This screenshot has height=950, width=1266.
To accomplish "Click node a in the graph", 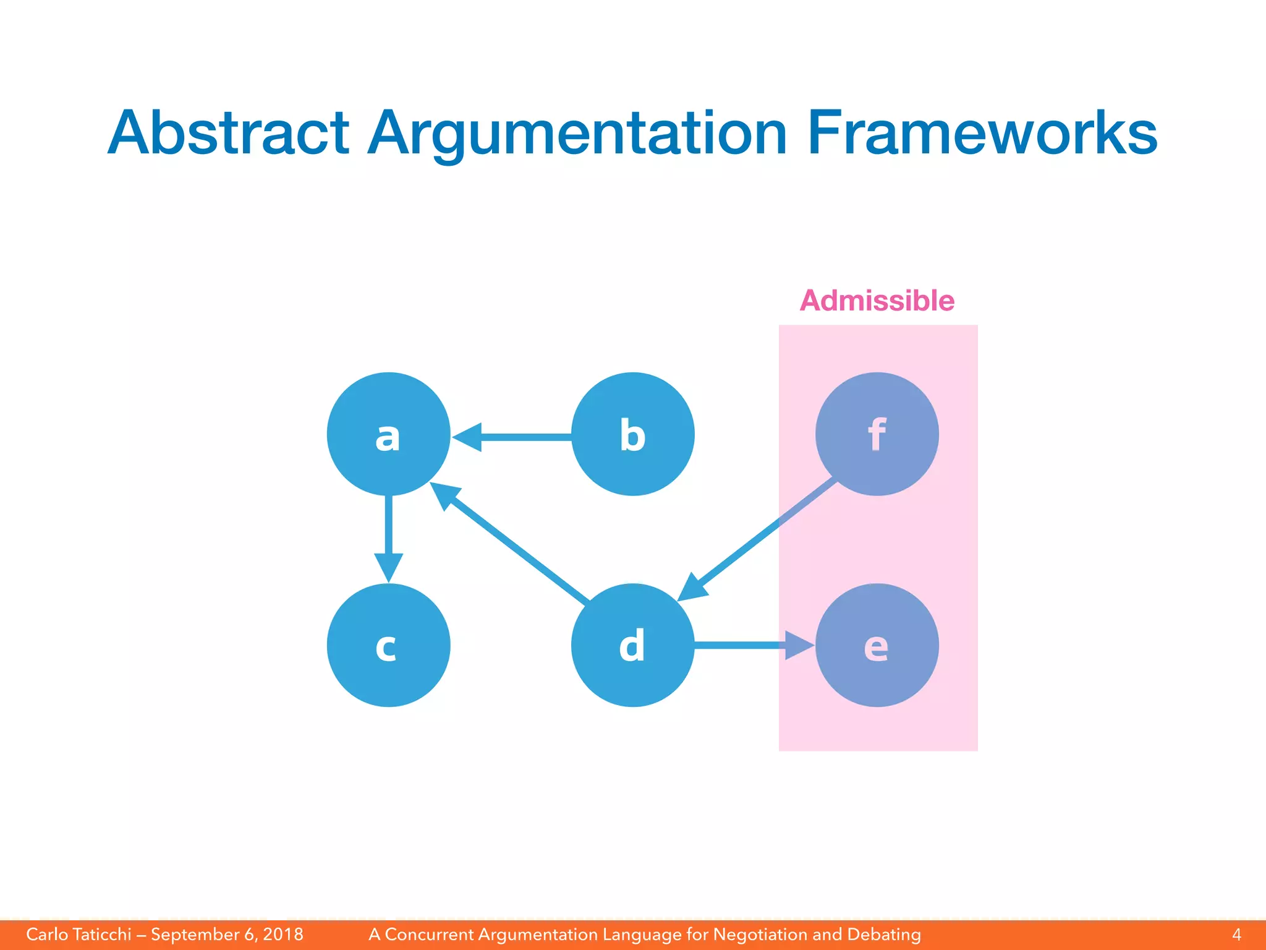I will pos(388,434).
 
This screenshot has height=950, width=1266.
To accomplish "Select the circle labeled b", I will pos(632,434).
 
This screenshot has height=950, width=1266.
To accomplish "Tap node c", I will pos(388,645).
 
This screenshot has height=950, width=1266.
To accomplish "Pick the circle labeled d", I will pos(632,645).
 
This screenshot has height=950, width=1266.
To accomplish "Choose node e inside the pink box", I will pos(877,645).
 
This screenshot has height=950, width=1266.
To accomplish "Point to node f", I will pos(877,434).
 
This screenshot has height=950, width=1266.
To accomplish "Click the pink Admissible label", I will pos(877,301).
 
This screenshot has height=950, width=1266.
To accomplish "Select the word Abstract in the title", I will pos(229,133).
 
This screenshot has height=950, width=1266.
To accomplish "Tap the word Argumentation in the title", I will pos(577,133).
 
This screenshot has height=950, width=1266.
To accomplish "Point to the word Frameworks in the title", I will pos(982,133).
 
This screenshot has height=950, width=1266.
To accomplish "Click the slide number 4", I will pos(1236,935).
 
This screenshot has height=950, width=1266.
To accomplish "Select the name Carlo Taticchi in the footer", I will pos(79,935).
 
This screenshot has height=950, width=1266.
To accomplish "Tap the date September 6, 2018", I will pos(227,935).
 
